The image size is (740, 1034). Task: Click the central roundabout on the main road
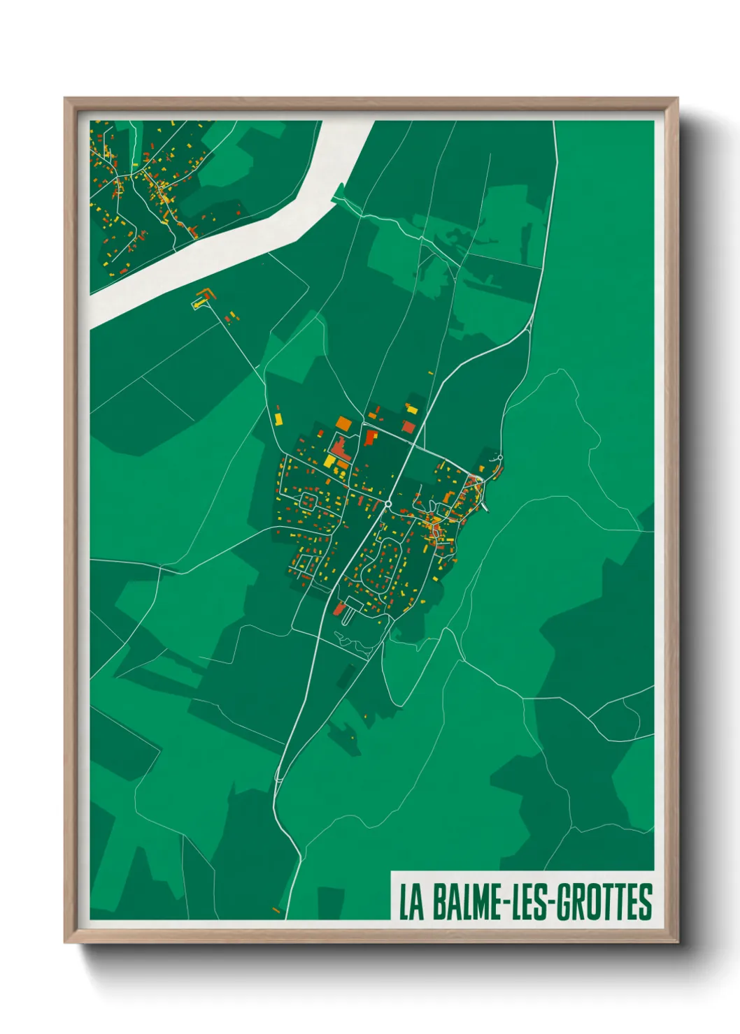click(388, 503)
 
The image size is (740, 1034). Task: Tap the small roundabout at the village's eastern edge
click(500, 458)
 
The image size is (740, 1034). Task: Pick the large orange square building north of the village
click(343, 423)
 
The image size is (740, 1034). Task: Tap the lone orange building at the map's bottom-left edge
click(276, 910)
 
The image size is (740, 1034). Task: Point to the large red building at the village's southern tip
click(339, 609)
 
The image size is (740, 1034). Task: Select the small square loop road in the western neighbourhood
click(308, 500)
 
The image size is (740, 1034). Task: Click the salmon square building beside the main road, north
click(408, 425)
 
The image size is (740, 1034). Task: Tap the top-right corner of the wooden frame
click(677, 99)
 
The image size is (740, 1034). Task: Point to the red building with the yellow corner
click(370, 437)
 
